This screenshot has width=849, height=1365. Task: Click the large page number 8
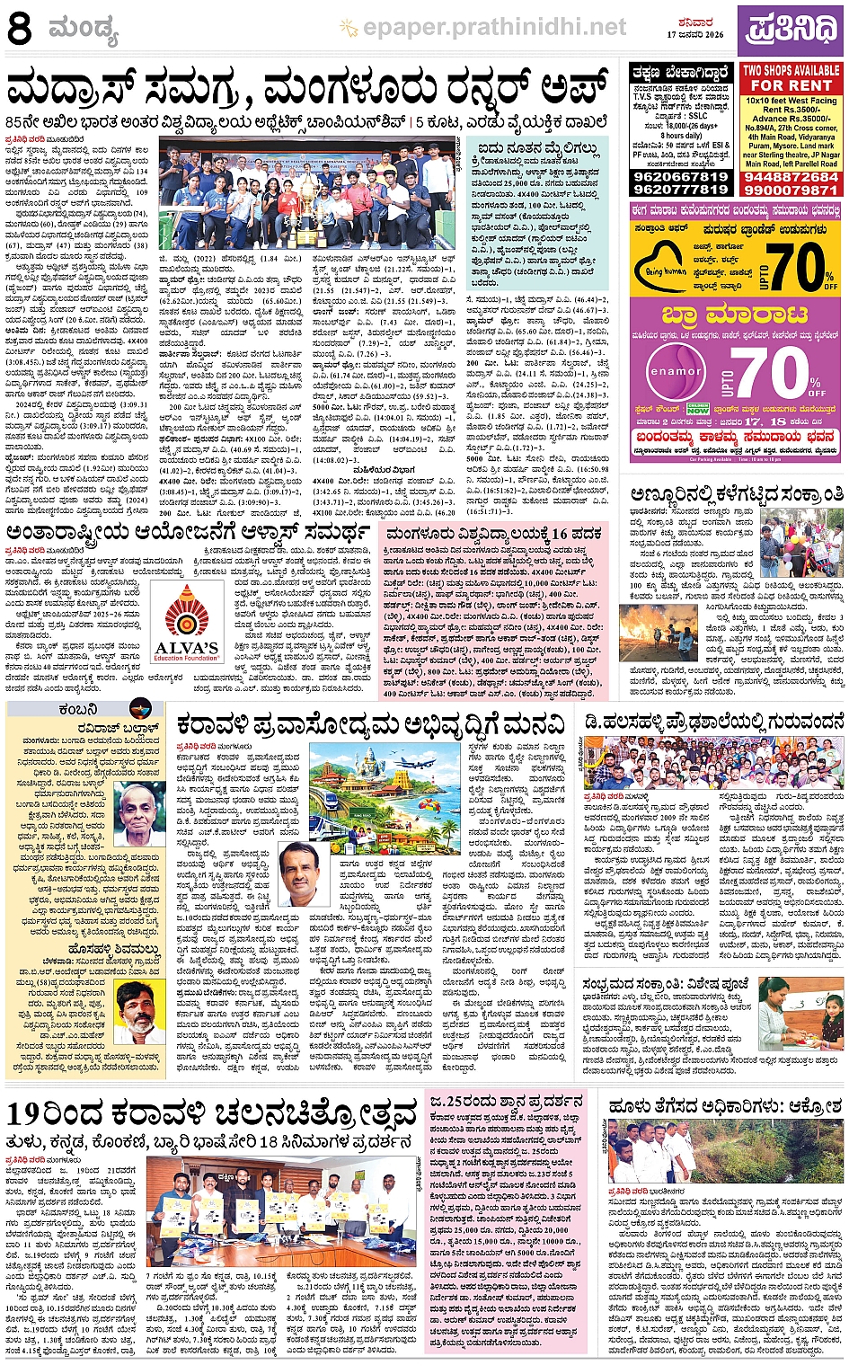[20, 29]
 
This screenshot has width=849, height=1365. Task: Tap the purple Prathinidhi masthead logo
[789, 29]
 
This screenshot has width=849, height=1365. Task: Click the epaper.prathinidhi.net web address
[494, 28]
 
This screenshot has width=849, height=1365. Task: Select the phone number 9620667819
[680, 177]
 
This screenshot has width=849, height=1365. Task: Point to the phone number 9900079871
[791, 190]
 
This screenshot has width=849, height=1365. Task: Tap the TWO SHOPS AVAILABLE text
[791, 69]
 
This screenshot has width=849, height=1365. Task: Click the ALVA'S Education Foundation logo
[187, 623]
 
